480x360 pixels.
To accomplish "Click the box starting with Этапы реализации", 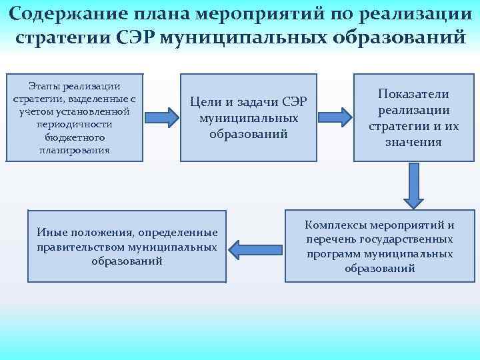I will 75,117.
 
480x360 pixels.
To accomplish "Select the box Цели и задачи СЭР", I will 248,117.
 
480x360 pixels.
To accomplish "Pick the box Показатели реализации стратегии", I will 413,117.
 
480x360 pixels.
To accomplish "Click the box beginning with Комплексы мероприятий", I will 380,246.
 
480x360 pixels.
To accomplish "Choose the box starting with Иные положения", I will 127,246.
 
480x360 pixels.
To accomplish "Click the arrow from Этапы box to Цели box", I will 163,117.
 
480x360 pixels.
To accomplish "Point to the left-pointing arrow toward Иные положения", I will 254,247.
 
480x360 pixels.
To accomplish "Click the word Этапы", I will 42,86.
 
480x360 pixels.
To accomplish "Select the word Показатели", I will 413,94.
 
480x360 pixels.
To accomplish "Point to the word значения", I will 413,142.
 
